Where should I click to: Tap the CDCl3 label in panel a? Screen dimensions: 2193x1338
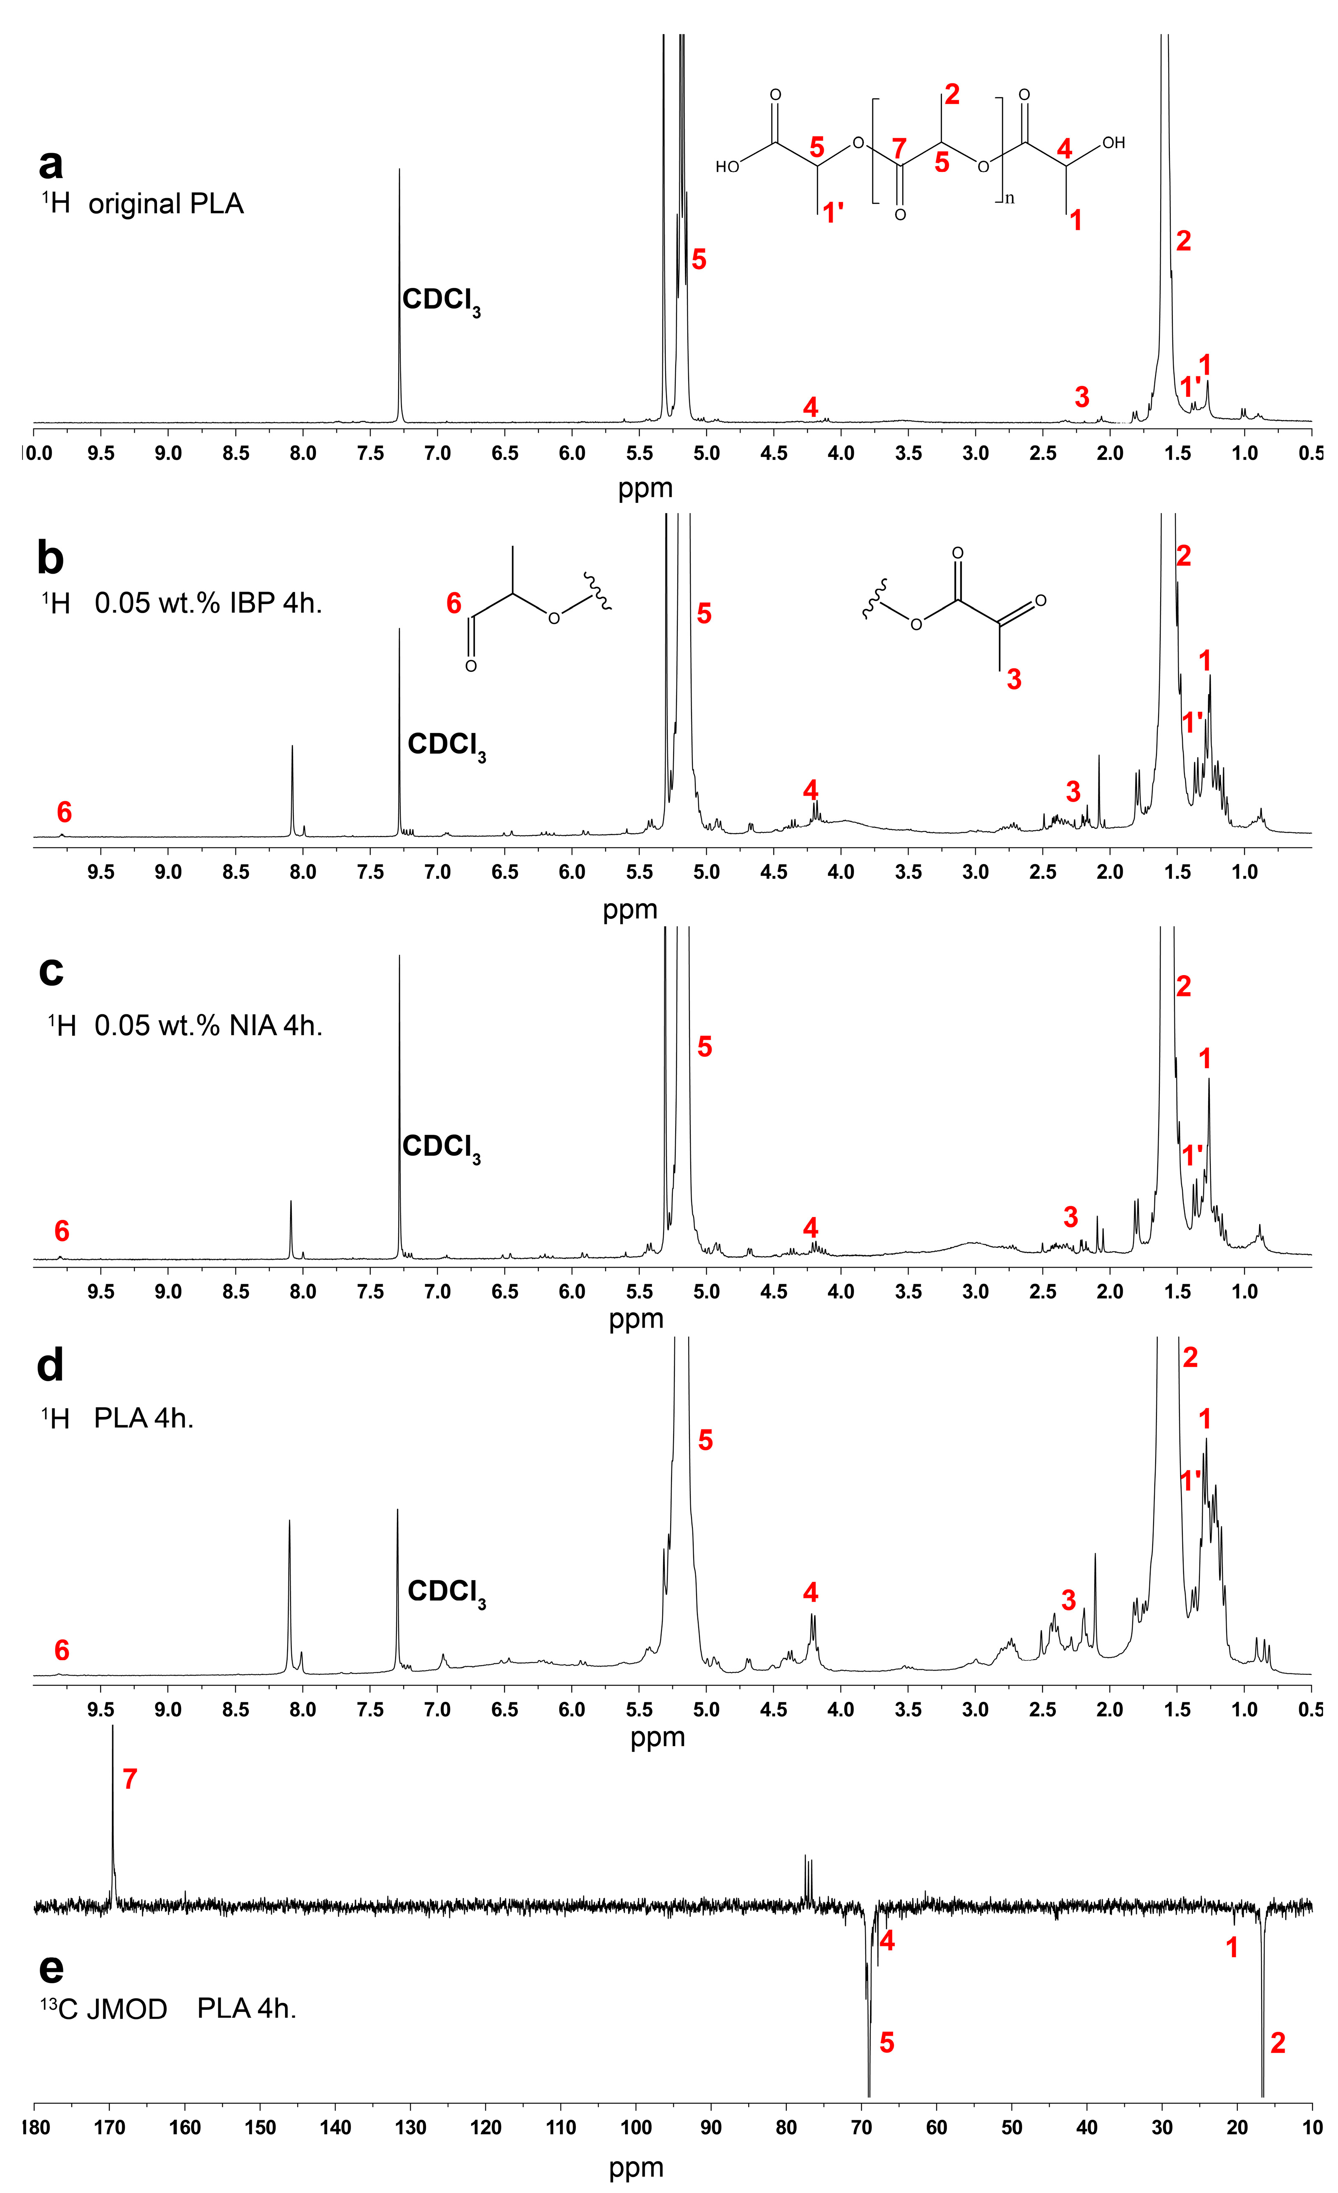[x=441, y=301]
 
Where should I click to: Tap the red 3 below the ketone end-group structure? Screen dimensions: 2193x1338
[x=1013, y=680]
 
